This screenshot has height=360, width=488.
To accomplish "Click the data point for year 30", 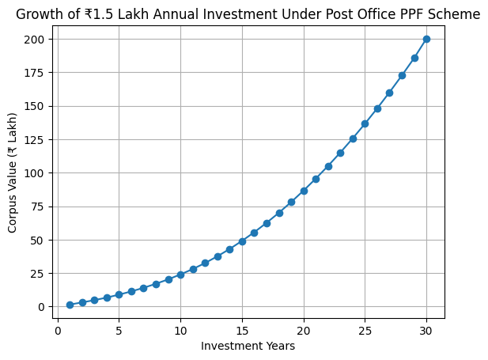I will tap(426, 39).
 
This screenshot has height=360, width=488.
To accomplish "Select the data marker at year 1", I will tap(70, 305).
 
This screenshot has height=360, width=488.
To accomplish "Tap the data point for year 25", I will tap(365, 123).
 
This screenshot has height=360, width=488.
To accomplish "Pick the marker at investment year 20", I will tap(304, 191).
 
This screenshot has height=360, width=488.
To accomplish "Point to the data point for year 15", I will tap(242, 241).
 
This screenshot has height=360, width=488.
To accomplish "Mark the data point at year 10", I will tap(180, 275).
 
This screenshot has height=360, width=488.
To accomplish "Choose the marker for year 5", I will tap(119, 294).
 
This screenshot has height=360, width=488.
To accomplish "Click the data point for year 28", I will tap(402, 75).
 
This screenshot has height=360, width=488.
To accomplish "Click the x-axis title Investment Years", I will tap(248, 346).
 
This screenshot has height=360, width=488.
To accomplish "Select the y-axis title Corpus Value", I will tap(13, 172).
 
